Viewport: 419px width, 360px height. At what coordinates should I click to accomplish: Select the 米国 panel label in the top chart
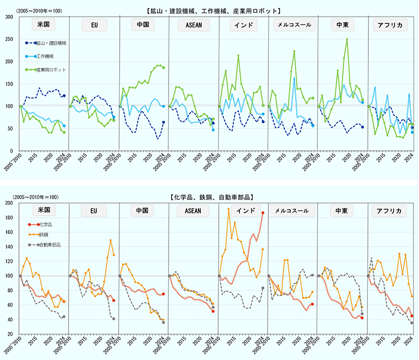click(x=41, y=25)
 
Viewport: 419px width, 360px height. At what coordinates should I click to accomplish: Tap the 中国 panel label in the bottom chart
click(x=140, y=211)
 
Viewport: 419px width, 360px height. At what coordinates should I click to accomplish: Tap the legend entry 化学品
click(x=44, y=224)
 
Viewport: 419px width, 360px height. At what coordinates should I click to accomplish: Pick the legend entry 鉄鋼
click(x=42, y=234)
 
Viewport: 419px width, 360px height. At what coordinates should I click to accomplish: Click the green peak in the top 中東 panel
click(x=347, y=39)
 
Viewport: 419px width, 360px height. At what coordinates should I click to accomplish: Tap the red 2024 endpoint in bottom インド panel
click(x=262, y=213)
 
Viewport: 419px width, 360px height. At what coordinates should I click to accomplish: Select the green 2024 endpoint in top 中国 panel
click(x=163, y=68)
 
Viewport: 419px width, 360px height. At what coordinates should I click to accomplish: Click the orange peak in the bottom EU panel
click(x=110, y=240)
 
